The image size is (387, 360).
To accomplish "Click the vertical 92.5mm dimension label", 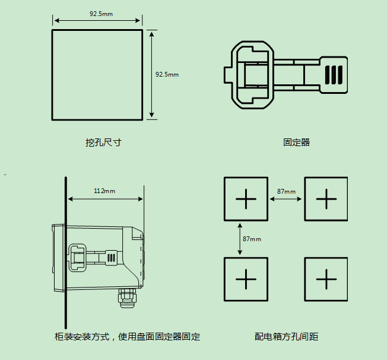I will point(167,75).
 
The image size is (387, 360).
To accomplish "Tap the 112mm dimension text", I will point(104,191).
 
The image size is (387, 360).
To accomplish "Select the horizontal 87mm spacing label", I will point(286,191).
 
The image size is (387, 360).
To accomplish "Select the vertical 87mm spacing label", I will point(252,239).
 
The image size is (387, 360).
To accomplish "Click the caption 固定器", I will point(296,143).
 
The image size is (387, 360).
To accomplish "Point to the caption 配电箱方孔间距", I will point(287,337).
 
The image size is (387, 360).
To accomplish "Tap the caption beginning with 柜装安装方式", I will point(127,337).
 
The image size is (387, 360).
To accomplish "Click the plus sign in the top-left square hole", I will point(246,198).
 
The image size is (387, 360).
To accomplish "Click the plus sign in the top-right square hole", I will point(326,198).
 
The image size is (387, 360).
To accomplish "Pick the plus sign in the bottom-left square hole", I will point(246,279).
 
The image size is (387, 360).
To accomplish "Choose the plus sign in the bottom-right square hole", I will point(326,279).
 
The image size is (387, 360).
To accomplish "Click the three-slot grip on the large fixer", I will point(334,74).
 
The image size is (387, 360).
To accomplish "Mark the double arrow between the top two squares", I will point(286,199).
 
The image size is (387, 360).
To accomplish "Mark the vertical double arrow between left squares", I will point(240,239).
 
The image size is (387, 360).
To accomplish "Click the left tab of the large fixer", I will point(227,75).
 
